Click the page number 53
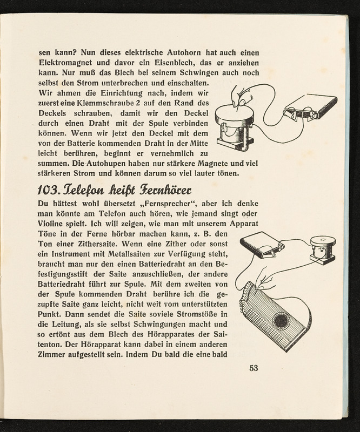[x=255, y=369]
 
